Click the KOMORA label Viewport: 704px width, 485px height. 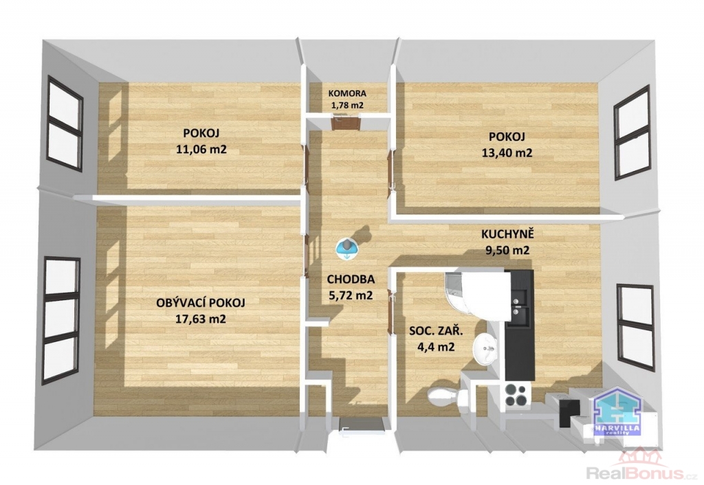coord(347,93)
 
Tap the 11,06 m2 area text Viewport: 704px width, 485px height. coord(201,149)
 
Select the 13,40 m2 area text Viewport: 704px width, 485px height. coord(507,153)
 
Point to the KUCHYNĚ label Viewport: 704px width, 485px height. coord(507,234)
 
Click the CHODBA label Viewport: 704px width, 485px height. coord(351,280)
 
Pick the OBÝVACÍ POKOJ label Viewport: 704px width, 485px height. coord(201,303)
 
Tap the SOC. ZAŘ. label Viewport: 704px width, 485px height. coord(436,332)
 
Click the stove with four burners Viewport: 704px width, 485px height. coord(516,395)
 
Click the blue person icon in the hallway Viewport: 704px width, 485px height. coord(347,248)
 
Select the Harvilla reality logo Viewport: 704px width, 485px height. coord(617,412)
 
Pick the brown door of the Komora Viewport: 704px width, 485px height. coord(346,122)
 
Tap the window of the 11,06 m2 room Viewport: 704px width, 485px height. coord(65,124)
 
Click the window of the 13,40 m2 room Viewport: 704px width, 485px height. coord(632,133)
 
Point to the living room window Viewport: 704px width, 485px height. coord(61,321)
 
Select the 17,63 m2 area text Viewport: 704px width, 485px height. coord(201,319)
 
